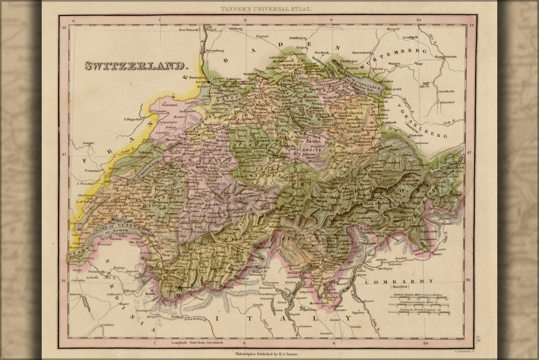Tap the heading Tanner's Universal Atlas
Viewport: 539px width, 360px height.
coord(266,9)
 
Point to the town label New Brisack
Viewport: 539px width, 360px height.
coord(189,30)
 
